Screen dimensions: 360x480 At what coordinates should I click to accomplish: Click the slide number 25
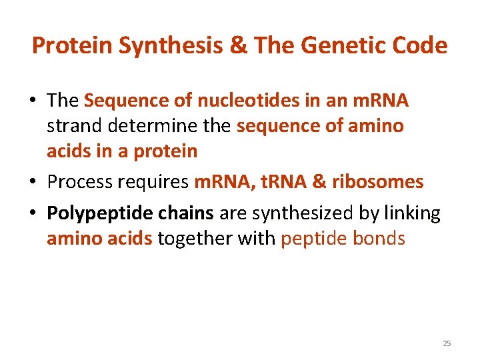(447, 343)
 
